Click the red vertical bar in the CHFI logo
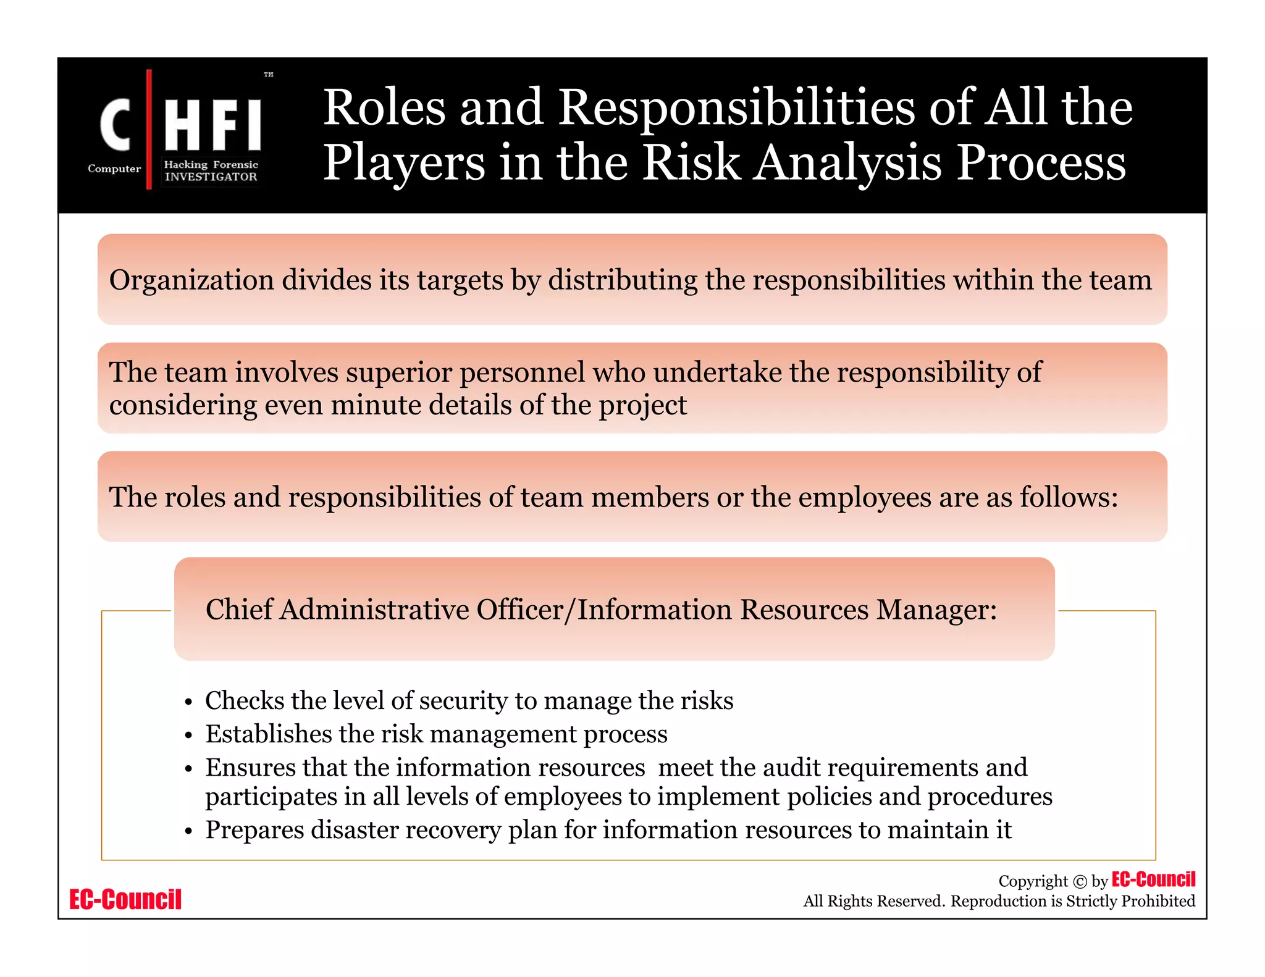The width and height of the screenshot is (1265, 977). [x=149, y=130]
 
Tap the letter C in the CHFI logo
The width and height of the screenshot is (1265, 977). [x=116, y=125]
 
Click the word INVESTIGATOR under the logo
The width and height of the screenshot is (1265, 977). [x=211, y=177]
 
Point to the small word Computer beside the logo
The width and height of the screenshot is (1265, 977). [x=114, y=169]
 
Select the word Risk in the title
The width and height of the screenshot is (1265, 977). [x=691, y=162]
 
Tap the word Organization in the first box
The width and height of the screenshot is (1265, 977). [x=191, y=280]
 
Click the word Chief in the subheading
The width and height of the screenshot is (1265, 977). [x=239, y=610]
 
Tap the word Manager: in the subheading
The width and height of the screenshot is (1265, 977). [x=936, y=610]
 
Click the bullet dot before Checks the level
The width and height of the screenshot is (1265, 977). [x=189, y=703]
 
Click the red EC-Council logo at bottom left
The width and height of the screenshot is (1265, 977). [x=125, y=900]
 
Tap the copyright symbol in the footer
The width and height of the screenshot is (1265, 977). [x=1080, y=882]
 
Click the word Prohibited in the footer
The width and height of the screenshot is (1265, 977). [x=1158, y=901]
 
